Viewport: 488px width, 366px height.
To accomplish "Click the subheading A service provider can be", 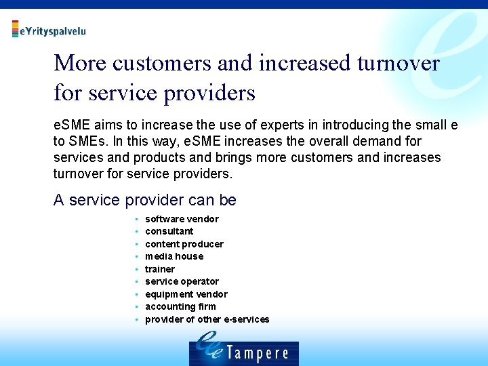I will tap(144, 201).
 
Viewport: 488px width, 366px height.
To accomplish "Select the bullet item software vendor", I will tap(182, 219).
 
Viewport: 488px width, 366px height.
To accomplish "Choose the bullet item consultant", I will tap(169, 231).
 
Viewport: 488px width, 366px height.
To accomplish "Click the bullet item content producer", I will tap(184, 244).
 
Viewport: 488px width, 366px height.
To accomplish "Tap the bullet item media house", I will tap(174, 256).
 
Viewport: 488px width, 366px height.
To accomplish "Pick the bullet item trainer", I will tap(159, 269).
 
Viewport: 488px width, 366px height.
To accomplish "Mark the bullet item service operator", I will tap(182, 281).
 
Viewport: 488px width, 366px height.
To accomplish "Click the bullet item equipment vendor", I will tap(186, 294).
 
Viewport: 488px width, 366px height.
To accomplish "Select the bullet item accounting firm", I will tap(180, 306).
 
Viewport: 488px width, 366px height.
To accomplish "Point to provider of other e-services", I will tap(207, 319).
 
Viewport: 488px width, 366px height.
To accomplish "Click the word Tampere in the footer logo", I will tap(257, 353).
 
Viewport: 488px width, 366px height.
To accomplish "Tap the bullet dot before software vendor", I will tap(136, 219).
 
